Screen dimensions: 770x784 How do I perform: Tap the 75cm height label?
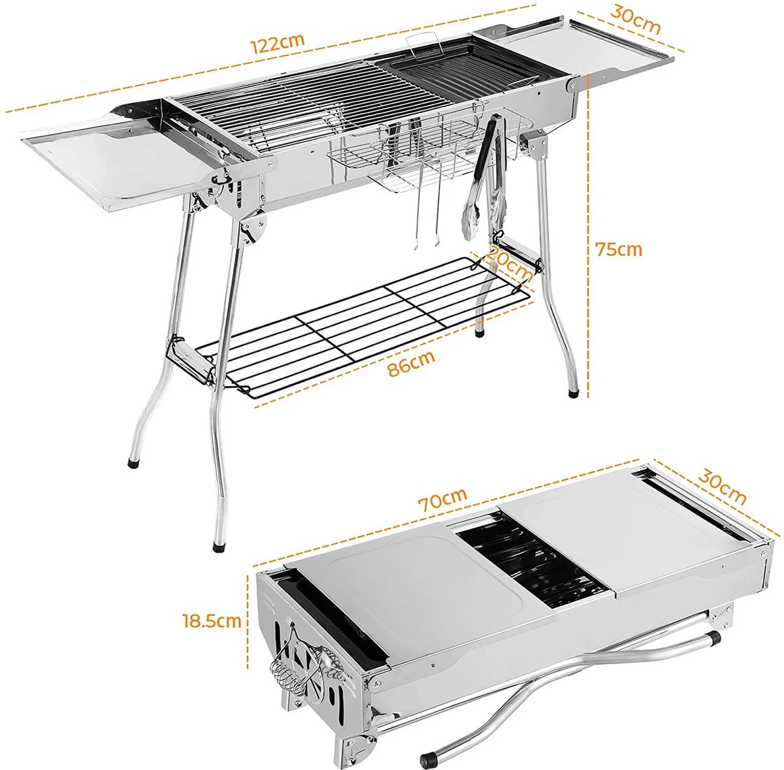click(618, 249)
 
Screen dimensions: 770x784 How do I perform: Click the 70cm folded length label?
click(444, 499)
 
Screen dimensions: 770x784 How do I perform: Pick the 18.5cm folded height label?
click(212, 620)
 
